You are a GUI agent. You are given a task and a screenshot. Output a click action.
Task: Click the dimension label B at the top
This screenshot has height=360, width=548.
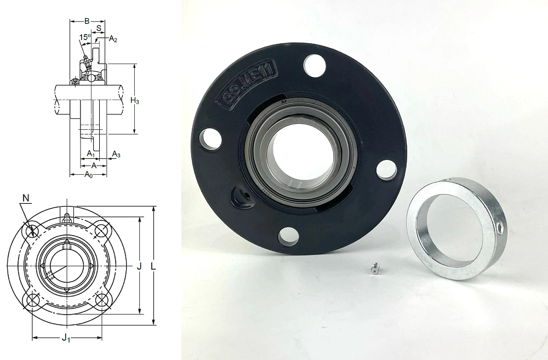[87, 21]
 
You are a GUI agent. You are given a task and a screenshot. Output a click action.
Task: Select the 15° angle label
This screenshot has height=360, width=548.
[85, 37]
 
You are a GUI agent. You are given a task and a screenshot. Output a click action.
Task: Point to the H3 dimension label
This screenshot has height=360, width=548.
[135, 101]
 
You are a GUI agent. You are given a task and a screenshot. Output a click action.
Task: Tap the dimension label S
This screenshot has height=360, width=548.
[99, 27]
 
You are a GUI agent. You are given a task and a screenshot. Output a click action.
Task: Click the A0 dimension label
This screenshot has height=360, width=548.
[89, 175]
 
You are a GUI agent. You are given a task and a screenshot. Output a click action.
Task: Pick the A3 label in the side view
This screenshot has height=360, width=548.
[116, 154]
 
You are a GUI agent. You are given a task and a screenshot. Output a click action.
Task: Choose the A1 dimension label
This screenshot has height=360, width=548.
[90, 153]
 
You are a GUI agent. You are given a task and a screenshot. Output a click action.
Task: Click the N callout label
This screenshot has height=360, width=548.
[26, 198]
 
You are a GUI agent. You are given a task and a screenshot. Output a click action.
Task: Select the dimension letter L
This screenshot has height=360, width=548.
[153, 266]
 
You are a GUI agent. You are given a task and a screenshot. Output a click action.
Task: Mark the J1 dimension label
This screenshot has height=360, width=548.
[66, 338]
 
